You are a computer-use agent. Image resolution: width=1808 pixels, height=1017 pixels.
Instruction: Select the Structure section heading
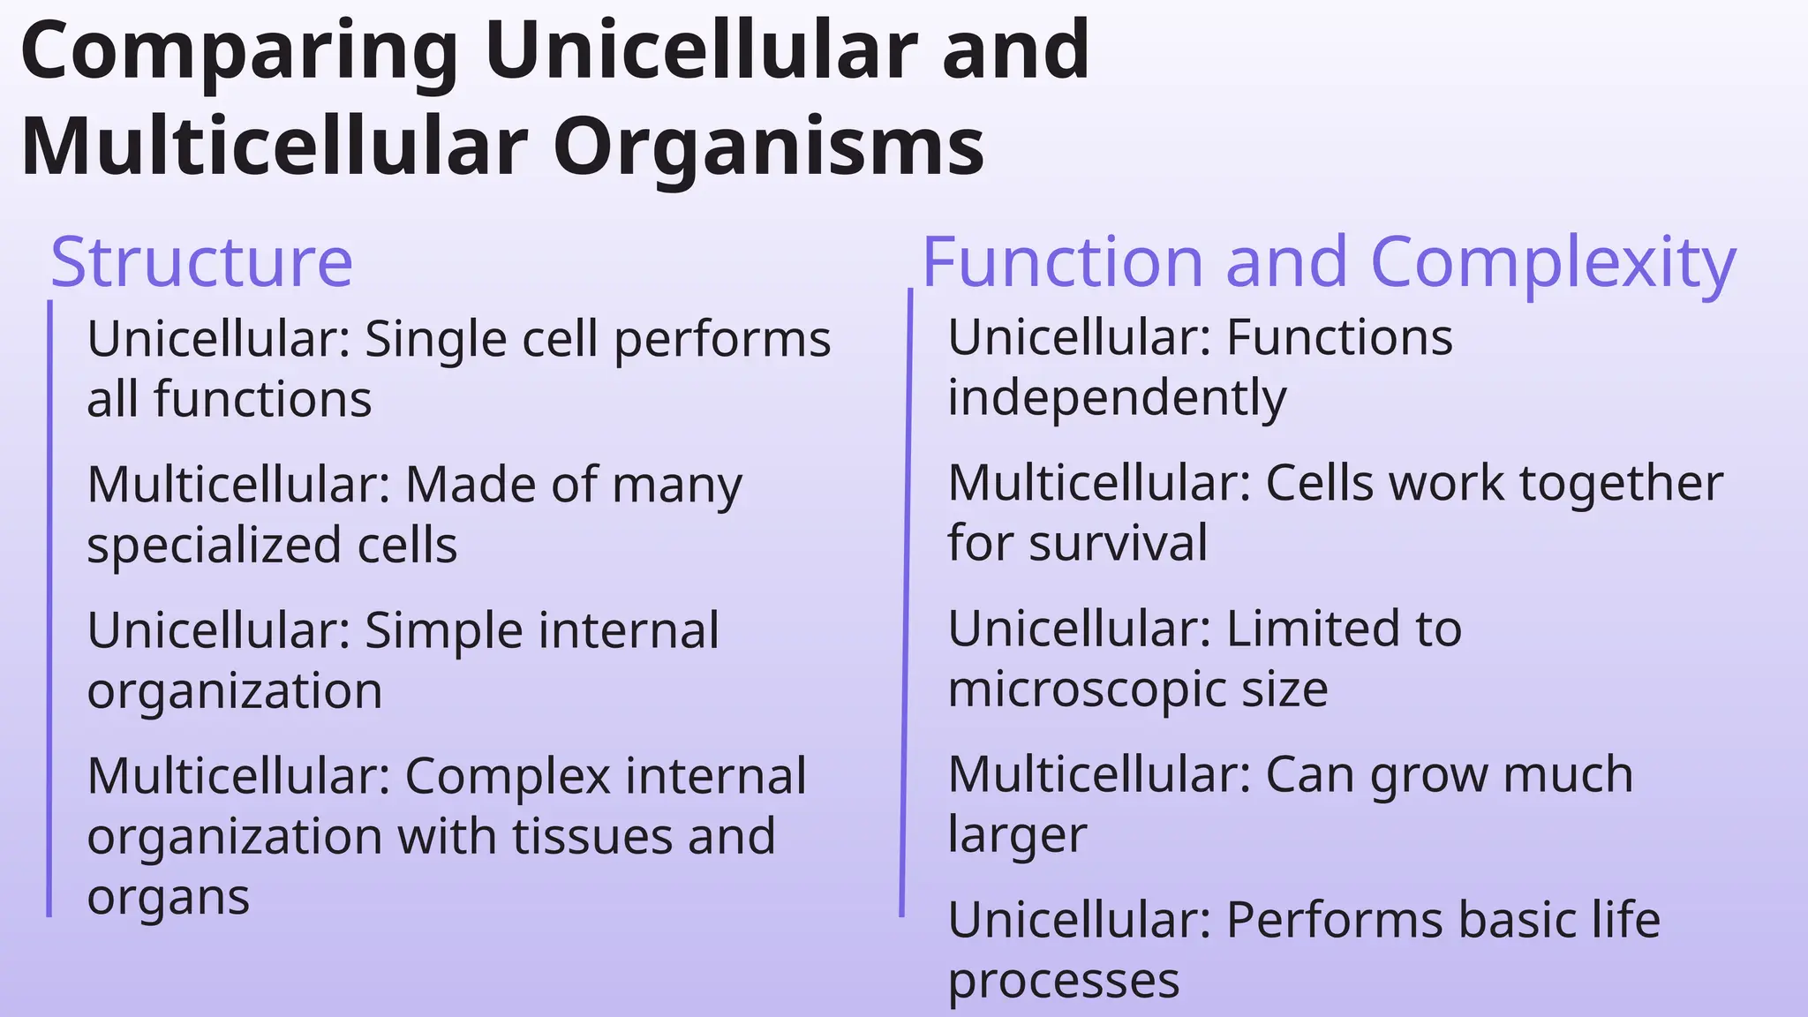pos(201,262)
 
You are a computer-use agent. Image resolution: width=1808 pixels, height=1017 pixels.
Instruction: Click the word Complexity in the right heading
pos(1553,262)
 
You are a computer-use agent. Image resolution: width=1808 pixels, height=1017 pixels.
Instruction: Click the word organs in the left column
pos(168,898)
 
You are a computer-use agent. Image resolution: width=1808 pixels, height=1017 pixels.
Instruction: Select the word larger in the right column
pos(1017,835)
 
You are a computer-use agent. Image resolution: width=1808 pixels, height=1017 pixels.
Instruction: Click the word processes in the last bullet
pos(1063,981)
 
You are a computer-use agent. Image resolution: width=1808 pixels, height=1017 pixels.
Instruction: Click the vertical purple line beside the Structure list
pos(49,609)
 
